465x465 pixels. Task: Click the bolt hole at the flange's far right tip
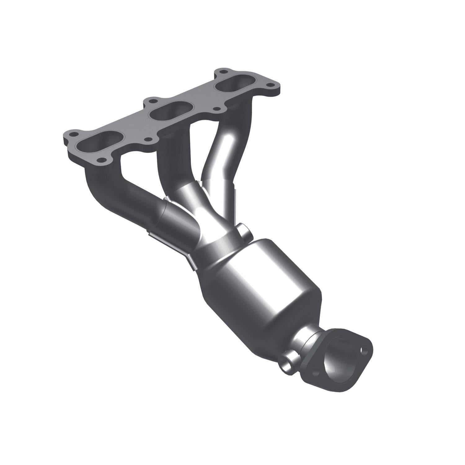(x=270, y=85)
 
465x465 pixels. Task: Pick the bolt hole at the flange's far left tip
(x=73, y=135)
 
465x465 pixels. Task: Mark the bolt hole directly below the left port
(x=101, y=160)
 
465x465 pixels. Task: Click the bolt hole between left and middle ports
(x=148, y=139)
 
